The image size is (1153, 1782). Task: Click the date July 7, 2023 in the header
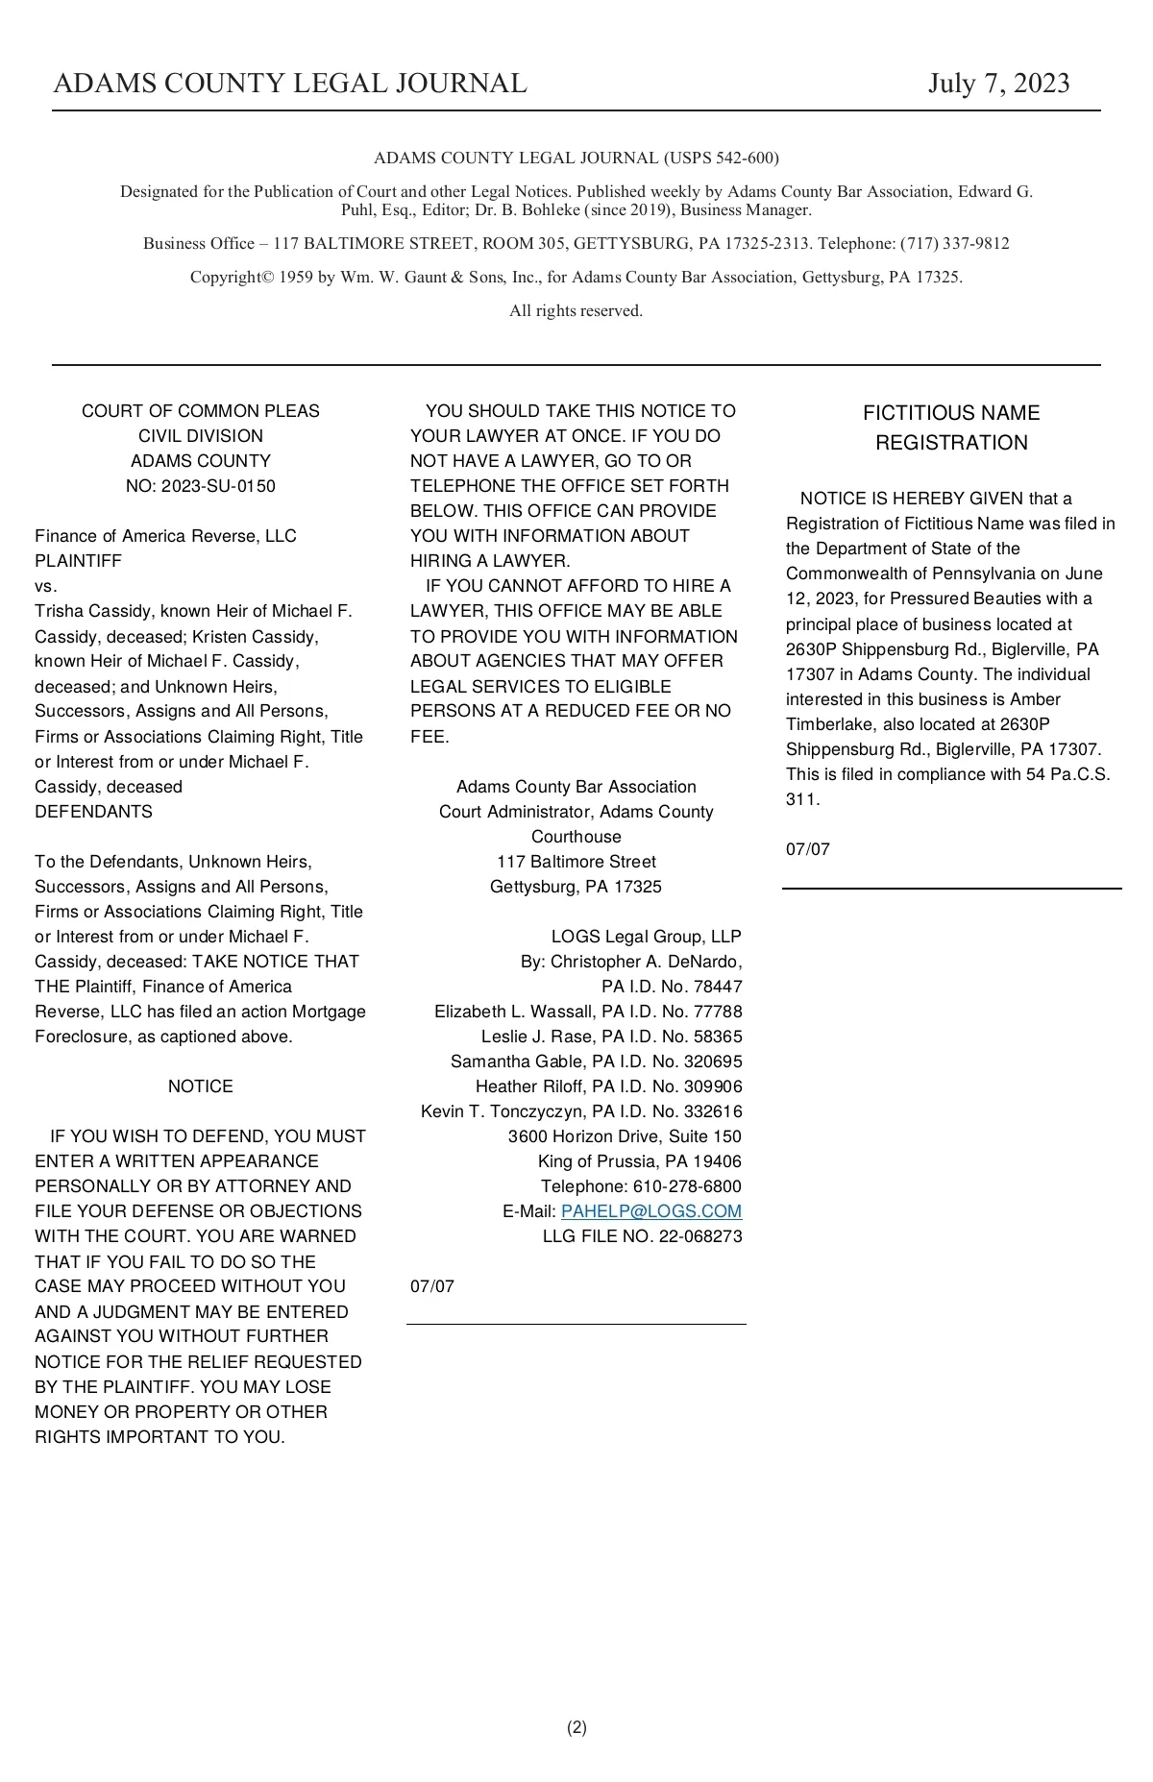click(x=998, y=85)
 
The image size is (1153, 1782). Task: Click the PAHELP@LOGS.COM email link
click(x=650, y=1211)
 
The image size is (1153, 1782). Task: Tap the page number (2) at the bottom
click(x=576, y=1727)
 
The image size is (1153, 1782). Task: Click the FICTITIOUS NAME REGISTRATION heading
click(x=951, y=427)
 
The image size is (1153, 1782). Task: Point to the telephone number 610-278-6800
click(x=687, y=1186)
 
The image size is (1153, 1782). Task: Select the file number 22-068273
click(x=700, y=1236)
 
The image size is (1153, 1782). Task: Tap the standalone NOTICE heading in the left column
click(x=200, y=1086)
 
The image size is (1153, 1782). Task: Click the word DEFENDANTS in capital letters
click(x=93, y=812)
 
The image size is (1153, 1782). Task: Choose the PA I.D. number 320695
click(x=713, y=1062)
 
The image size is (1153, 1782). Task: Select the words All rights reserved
click(x=576, y=310)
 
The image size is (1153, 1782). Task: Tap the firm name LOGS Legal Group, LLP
click(x=646, y=937)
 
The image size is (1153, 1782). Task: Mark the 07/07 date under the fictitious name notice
click(x=807, y=849)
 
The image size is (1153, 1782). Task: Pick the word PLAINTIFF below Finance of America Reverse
click(x=78, y=561)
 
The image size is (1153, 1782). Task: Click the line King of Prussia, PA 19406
click(x=639, y=1161)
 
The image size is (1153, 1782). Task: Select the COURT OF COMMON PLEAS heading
click(x=200, y=411)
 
